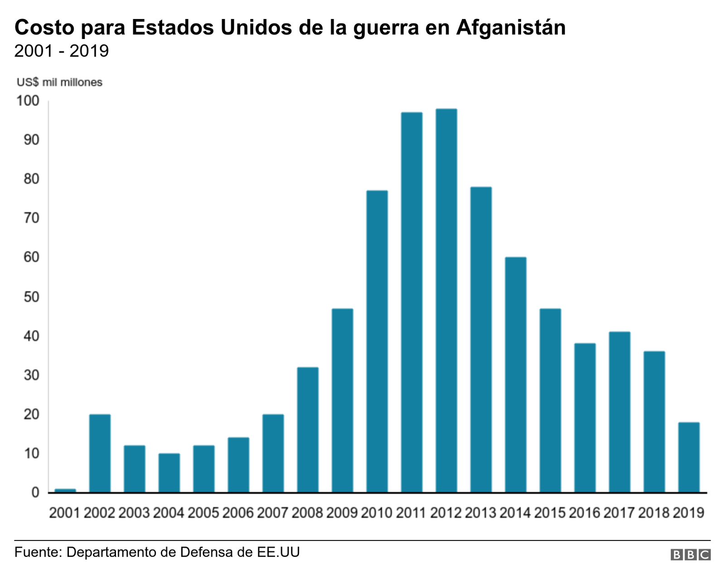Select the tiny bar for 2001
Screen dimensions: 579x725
[x=65, y=490]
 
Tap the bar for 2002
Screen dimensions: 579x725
[x=100, y=453]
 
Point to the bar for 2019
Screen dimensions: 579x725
[x=689, y=457]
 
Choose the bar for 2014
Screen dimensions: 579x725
[x=516, y=375]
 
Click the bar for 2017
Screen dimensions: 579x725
[x=619, y=412]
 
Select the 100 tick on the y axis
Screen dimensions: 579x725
[x=28, y=101]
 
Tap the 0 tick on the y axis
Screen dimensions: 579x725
[x=35, y=492]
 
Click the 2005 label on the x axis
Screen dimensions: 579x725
[x=203, y=513]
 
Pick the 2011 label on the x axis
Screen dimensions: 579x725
[x=411, y=513]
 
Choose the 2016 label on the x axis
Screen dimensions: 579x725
[x=585, y=513]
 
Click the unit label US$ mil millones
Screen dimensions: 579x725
[x=59, y=82]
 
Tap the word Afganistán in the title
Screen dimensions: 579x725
[x=511, y=28]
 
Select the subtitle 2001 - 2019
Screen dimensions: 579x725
[x=62, y=51]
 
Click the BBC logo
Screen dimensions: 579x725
[x=691, y=555]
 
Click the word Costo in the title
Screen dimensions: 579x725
[x=44, y=28]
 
